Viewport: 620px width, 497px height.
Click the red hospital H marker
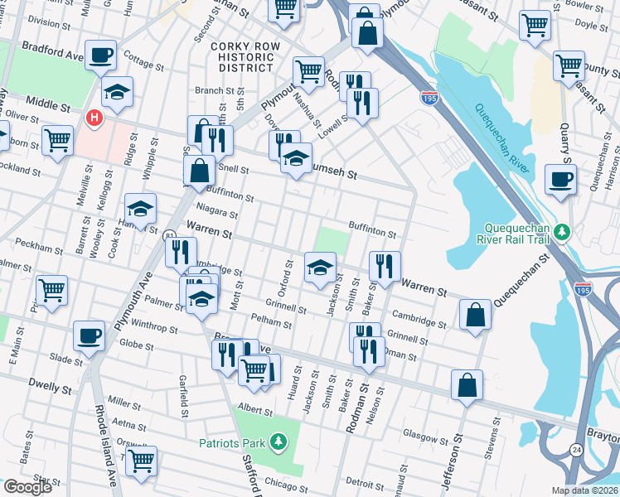[x=94, y=118]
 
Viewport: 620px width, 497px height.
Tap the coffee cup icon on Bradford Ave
[x=101, y=55]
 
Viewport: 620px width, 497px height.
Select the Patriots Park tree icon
[x=280, y=443]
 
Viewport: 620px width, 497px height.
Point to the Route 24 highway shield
[x=575, y=449]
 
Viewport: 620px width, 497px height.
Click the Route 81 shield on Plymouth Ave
[x=168, y=235]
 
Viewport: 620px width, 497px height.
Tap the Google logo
[x=27, y=487]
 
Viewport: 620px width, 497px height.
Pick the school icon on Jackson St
[x=320, y=268]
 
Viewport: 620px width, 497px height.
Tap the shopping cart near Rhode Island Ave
[x=142, y=461]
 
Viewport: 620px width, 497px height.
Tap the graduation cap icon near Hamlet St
[x=140, y=208]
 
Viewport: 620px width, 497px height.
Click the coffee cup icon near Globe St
[x=90, y=336]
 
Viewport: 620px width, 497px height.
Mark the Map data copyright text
[x=585, y=490]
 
